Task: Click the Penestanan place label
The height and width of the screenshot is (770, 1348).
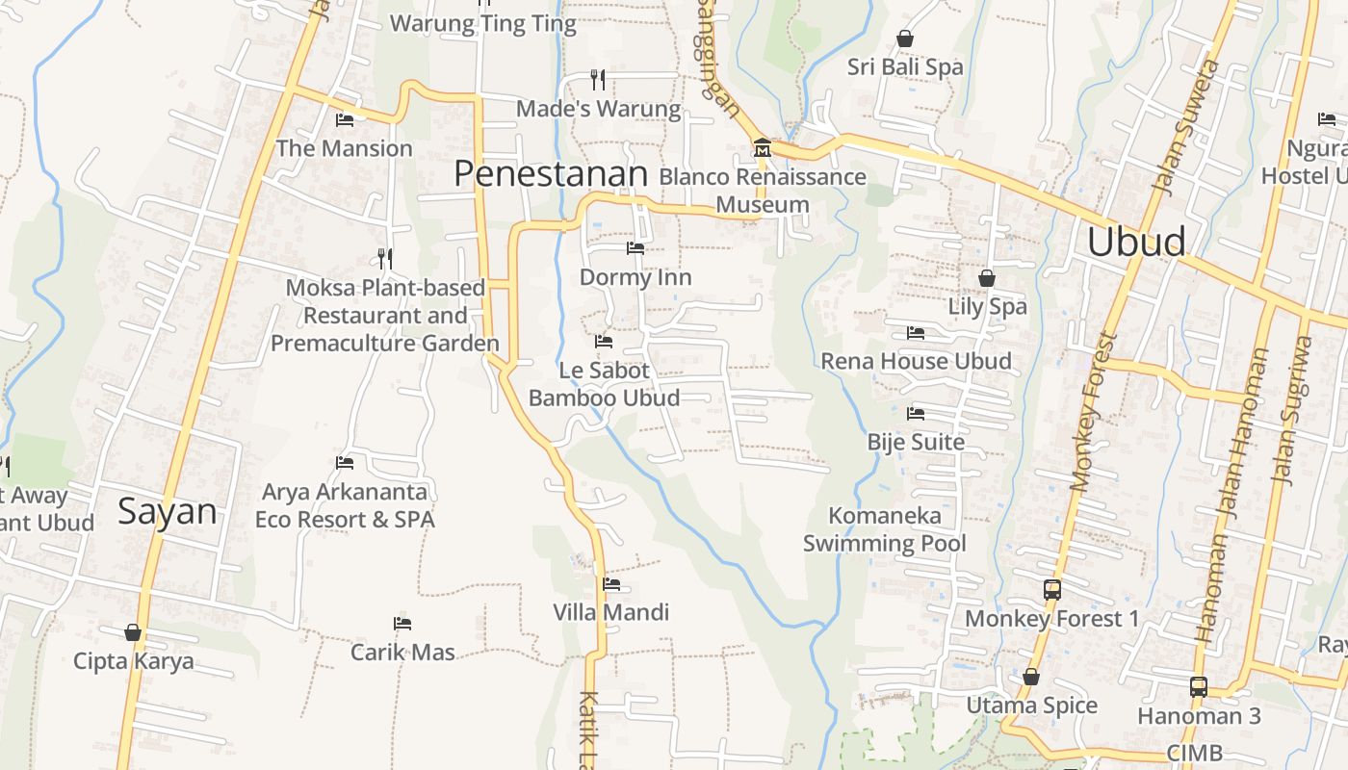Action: (551, 173)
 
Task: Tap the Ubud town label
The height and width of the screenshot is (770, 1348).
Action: (1136, 242)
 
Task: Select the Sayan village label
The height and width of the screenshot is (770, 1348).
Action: (168, 511)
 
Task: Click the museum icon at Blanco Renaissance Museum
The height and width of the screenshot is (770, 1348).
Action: (763, 149)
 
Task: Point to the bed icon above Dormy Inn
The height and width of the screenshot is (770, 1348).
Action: (635, 248)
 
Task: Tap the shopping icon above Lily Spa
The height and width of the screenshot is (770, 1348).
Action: (987, 278)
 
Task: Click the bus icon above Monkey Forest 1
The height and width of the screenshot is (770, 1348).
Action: (1051, 589)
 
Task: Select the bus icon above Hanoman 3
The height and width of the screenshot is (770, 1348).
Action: (1198, 687)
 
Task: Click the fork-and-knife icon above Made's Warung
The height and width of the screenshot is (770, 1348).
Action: (598, 79)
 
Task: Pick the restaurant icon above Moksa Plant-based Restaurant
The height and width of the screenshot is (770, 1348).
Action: (385, 258)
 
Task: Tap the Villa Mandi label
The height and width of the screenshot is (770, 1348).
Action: (610, 612)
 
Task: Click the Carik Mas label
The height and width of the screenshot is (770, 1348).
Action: (402, 652)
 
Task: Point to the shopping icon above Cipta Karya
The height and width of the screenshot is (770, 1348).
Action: (133, 632)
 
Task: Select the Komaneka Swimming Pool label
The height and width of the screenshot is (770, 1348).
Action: (884, 529)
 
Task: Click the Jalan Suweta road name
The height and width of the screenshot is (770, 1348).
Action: (1186, 126)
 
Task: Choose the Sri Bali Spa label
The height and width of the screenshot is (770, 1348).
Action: (905, 67)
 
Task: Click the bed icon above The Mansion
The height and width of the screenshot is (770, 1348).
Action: (344, 120)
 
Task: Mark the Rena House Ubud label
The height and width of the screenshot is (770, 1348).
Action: (916, 361)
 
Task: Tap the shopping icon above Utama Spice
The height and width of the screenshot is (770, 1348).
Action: (1030, 677)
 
